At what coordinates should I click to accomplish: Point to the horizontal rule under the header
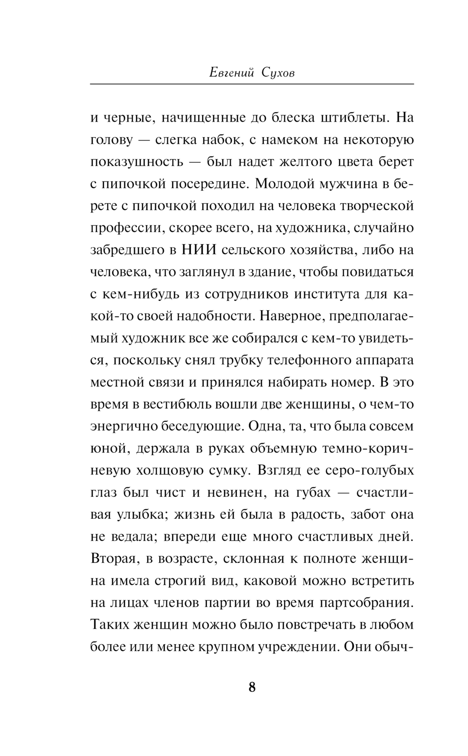(x=252, y=84)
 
